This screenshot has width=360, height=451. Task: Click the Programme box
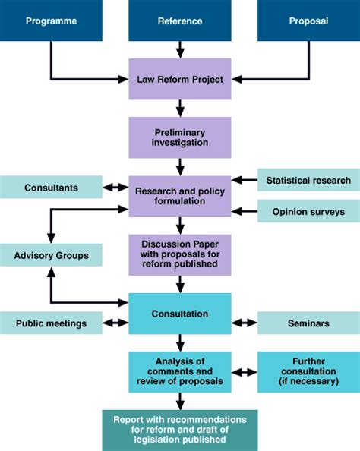click(x=51, y=20)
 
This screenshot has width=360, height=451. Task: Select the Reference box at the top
click(x=180, y=20)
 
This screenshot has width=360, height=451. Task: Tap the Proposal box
click(x=308, y=20)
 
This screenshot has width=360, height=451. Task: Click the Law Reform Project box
click(x=180, y=78)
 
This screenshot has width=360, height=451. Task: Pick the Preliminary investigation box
click(x=180, y=137)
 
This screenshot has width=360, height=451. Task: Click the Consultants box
click(x=51, y=187)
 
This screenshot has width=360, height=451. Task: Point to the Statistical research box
click(x=308, y=180)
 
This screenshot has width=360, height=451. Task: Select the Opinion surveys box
click(x=308, y=210)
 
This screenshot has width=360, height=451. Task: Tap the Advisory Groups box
click(x=51, y=254)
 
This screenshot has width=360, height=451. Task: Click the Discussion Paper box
click(x=180, y=253)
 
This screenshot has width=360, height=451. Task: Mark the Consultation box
click(x=180, y=313)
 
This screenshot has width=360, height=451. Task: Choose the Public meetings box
click(x=51, y=323)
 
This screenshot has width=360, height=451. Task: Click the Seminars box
click(x=308, y=323)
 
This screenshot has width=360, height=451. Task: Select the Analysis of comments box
click(x=180, y=372)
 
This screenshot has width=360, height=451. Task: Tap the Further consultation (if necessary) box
click(x=308, y=372)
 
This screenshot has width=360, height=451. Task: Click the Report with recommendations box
click(x=180, y=430)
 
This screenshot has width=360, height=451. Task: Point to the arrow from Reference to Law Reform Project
click(x=180, y=50)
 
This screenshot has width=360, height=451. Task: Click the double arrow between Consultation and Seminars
click(x=244, y=323)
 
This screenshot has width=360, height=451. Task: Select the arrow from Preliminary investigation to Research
click(x=180, y=166)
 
